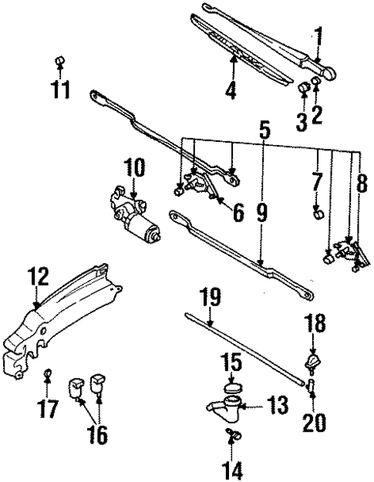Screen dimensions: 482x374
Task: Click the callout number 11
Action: [x=61, y=91]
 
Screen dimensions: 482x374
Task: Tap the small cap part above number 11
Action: [x=61, y=61]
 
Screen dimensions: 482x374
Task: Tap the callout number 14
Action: [x=231, y=468]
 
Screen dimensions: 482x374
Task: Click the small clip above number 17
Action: [x=48, y=376]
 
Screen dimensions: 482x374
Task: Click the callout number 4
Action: [x=230, y=91]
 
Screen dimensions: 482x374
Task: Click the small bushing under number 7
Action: [x=316, y=211]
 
